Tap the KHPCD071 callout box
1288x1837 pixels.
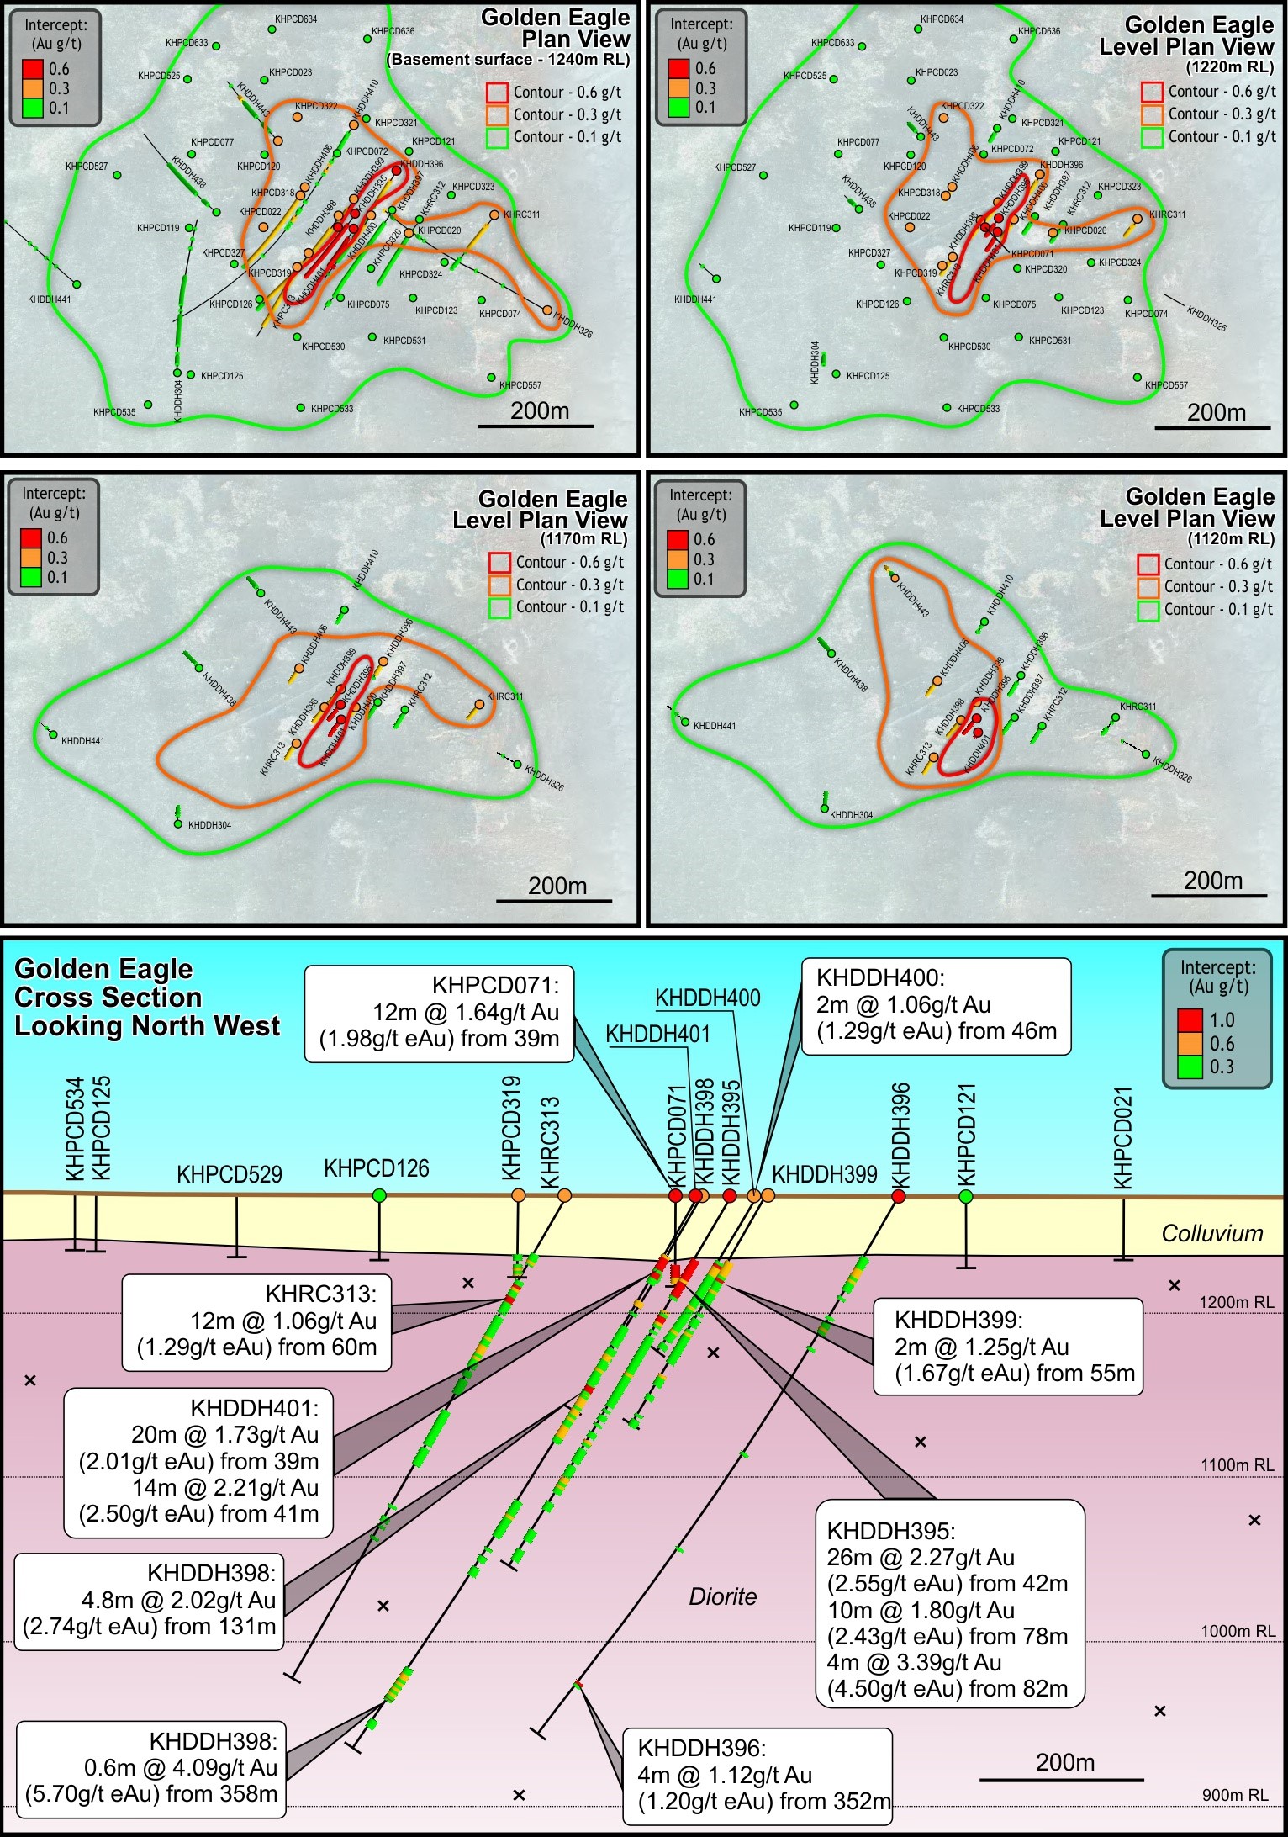click(x=439, y=1013)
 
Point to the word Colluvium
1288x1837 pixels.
click(x=1211, y=1233)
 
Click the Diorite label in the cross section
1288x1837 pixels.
click(x=722, y=1596)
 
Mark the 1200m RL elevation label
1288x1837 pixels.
click(x=1236, y=1302)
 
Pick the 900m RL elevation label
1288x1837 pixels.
click(x=1235, y=1794)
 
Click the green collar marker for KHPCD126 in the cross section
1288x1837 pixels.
click(x=379, y=1195)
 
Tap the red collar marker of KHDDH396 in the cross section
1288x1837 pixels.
click(x=898, y=1196)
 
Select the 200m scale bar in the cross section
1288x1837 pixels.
click(x=1062, y=1779)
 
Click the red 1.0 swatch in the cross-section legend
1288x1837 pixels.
click(x=1189, y=1020)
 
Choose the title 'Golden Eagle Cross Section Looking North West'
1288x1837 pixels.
click(x=147, y=998)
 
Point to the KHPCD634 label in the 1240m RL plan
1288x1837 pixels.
click(x=296, y=19)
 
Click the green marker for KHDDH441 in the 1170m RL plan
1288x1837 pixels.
click(x=53, y=734)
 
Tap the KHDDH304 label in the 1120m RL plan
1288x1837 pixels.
click(x=851, y=815)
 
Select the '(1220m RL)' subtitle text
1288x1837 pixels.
click(x=1230, y=67)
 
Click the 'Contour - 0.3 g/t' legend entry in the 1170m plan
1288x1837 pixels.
click(x=569, y=585)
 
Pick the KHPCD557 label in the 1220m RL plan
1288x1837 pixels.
click(x=1166, y=385)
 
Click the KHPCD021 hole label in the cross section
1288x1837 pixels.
click(x=1123, y=1137)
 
